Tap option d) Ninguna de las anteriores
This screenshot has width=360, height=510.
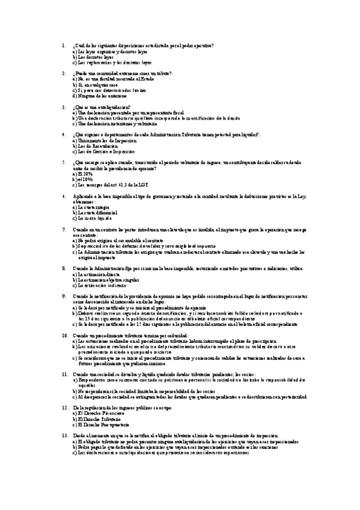coord(99,96)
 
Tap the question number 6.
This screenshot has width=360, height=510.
coord(64,196)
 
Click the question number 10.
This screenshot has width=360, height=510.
coord(65,335)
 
